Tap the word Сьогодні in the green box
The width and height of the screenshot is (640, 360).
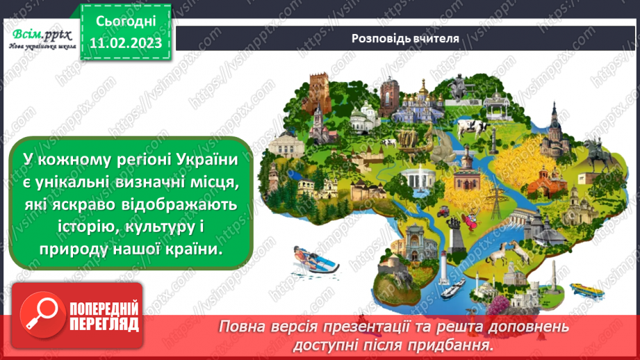click(126, 23)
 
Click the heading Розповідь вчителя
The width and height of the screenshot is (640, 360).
click(405, 38)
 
